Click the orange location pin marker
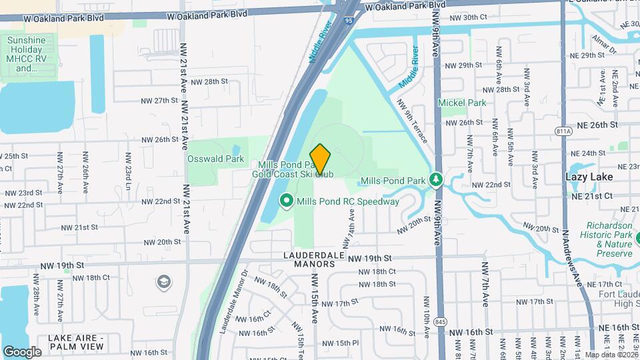[320, 159]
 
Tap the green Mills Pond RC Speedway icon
[287, 200]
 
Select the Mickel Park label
[462, 103]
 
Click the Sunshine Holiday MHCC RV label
[26, 54]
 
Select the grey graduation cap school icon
[163, 283]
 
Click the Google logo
[22, 351]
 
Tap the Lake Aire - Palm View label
[76, 342]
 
